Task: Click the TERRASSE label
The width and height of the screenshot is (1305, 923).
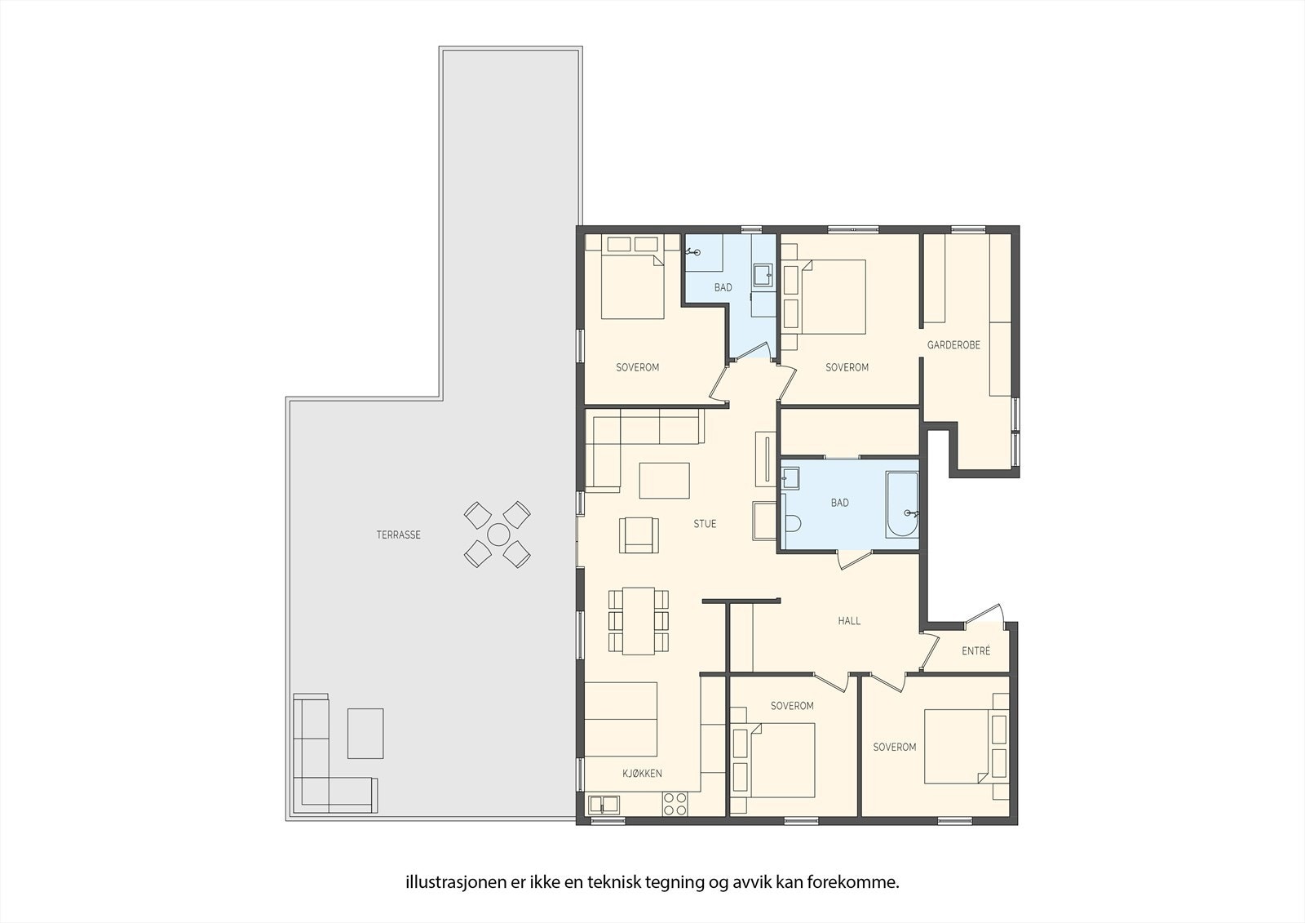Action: (398, 535)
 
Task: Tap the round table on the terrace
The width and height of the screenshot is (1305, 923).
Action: (498, 535)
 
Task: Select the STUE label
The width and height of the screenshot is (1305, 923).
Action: (705, 524)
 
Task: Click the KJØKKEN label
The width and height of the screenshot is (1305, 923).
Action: (642, 774)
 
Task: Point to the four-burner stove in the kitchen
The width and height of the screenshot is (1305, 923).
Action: (674, 804)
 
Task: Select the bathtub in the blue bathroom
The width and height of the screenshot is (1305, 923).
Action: (902, 504)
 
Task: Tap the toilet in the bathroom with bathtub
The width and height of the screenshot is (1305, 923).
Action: (792, 523)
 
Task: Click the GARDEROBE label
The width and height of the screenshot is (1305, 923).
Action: (953, 345)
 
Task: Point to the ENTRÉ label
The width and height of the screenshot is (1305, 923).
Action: (975, 651)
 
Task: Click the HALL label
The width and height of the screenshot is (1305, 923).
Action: (849, 621)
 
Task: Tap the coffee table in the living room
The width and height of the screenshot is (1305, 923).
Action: (664, 480)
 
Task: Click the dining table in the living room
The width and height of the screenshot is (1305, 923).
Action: (639, 620)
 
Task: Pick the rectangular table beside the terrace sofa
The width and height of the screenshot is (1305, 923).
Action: (365, 733)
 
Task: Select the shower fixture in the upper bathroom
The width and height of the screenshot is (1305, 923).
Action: (692, 252)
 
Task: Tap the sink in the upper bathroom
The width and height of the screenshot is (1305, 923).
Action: (763, 275)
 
